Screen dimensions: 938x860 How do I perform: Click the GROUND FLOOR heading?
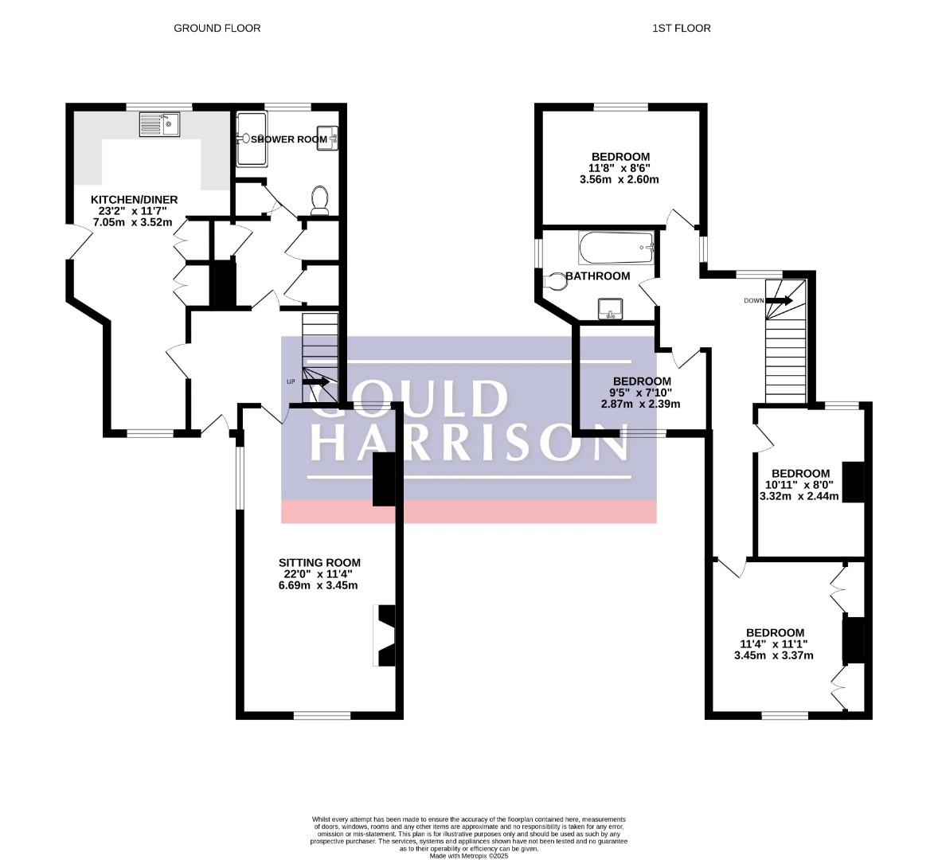click(x=217, y=28)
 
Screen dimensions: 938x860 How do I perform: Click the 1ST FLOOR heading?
click(x=682, y=28)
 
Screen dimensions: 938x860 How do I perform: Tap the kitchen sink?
click(x=159, y=124)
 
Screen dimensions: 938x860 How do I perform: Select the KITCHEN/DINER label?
click(x=134, y=200)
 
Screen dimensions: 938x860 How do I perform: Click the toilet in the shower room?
click(x=320, y=200)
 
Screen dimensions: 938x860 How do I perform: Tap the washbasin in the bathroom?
click(x=610, y=309)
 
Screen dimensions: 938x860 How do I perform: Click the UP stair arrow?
click(x=316, y=381)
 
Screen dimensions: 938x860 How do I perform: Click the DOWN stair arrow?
click(x=780, y=300)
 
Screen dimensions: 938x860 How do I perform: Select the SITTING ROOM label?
click(x=319, y=563)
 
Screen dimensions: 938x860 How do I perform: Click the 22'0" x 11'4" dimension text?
click(x=319, y=574)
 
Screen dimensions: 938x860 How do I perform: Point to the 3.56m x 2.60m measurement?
click(x=619, y=179)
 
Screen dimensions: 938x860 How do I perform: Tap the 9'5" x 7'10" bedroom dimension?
click(x=642, y=393)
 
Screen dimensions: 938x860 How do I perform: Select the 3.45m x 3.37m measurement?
click(x=773, y=655)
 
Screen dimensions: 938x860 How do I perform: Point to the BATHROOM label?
click(x=598, y=276)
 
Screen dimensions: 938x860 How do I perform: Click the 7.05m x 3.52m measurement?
click(x=133, y=222)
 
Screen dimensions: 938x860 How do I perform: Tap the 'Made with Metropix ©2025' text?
click(x=468, y=856)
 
